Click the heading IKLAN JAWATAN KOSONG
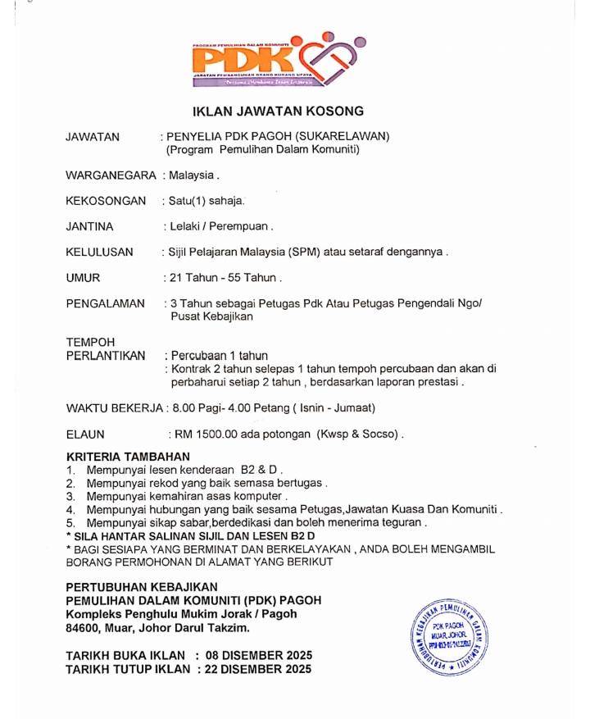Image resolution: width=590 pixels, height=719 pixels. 278,111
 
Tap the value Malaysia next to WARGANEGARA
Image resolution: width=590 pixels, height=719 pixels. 192,175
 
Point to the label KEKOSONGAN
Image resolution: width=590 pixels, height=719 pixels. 106,201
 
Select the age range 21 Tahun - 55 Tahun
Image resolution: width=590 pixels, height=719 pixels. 223,278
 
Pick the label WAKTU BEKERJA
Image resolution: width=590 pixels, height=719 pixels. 114,407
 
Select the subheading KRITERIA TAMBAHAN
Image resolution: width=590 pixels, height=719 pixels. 128,457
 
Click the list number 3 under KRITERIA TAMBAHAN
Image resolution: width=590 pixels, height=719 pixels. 71,496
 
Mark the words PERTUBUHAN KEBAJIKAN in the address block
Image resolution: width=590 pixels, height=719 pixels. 142,587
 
